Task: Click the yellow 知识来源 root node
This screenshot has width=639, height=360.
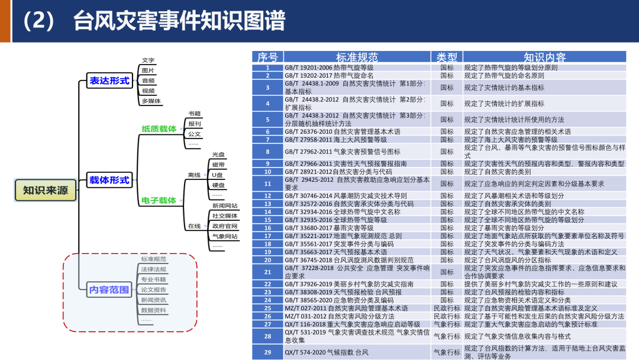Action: click(46, 191)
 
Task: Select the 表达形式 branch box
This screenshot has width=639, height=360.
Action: click(109, 81)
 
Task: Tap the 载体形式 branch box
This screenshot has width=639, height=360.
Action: click(109, 180)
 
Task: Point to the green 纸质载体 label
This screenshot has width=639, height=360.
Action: click(159, 128)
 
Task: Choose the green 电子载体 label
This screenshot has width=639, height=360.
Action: click(159, 201)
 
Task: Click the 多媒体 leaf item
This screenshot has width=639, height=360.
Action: click(151, 101)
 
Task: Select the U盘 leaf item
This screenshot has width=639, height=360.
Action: click(218, 175)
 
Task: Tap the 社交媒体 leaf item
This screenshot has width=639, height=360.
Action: click(225, 216)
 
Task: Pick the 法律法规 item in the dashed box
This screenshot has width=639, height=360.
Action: click(153, 269)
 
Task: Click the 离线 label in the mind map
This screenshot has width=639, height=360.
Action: click(194, 175)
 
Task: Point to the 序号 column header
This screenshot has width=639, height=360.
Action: click(267, 57)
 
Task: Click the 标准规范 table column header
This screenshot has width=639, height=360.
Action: click(357, 57)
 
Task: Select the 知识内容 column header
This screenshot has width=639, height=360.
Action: click(544, 57)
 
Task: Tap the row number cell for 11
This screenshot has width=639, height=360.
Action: click(267, 184)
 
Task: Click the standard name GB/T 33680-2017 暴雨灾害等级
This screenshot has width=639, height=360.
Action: click(329, 228)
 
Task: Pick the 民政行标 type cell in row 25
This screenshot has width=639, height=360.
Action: click(447, 308)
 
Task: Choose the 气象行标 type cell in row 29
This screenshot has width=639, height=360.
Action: click(447, 352)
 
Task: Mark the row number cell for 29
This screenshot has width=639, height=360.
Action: click(267, 352)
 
